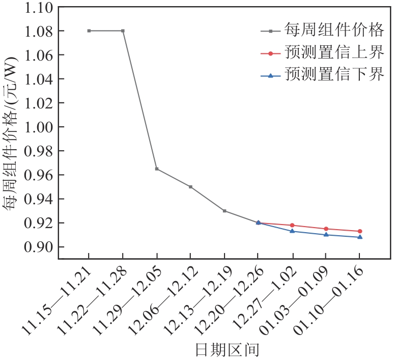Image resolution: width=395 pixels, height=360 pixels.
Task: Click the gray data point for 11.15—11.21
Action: (x=89, y=31)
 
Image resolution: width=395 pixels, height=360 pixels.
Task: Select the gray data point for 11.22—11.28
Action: (x=123, y=31)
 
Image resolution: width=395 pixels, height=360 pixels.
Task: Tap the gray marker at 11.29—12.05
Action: (x=157, y=169)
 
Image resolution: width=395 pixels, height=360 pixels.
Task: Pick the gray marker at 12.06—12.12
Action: (x=190, y=187)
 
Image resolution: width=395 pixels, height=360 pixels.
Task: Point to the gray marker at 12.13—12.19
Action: (x=224, y=211)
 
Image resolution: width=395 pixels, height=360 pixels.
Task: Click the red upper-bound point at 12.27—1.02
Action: (x=292, y=225)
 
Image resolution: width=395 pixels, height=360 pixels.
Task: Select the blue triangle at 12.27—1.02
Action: (x=292, y=231)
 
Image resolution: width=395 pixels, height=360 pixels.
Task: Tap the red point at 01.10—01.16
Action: (x=360, y=231)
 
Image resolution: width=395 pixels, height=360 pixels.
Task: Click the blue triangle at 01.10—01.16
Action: (x=360, y=237)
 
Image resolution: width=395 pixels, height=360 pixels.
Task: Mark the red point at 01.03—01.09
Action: (x=326, y=229)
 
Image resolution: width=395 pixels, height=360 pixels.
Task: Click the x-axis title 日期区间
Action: (x=228, y=350)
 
